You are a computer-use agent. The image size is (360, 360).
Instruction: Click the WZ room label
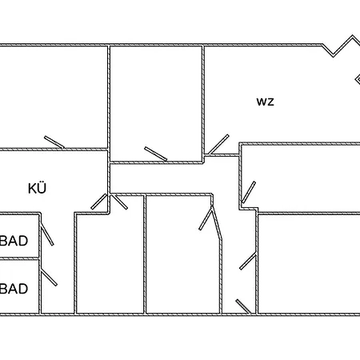tap(266, 102)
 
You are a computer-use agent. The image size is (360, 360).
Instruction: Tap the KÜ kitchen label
tap(37, 188)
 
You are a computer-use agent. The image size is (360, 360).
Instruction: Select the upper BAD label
tap(14, 241)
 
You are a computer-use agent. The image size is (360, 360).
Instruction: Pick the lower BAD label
tap(14, 289)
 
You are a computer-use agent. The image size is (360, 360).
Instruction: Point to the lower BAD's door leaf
tap(49, 278)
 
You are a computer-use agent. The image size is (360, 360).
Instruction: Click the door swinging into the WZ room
tap(218, 145)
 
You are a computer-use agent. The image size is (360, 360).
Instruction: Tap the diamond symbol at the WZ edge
tap(358, 79)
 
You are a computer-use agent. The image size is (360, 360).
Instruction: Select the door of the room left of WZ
tap(156, 154)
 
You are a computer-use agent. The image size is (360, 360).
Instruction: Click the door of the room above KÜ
tap(54, 142)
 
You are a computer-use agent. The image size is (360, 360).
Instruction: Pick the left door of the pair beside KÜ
tap(99, 202)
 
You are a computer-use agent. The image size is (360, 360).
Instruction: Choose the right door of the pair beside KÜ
tap(119, 202)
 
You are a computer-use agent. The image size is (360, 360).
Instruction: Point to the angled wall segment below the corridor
tap(216, 222)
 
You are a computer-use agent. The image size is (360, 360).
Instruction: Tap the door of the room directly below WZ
tap(249, 192)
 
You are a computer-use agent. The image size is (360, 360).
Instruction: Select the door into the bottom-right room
tap(248, 262)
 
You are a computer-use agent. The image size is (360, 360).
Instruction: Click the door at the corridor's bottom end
tap(243, 306)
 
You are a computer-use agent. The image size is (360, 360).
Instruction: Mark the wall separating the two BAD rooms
tap(19, 258)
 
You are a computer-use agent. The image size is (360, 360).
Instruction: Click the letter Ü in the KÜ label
tap(42, 188)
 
